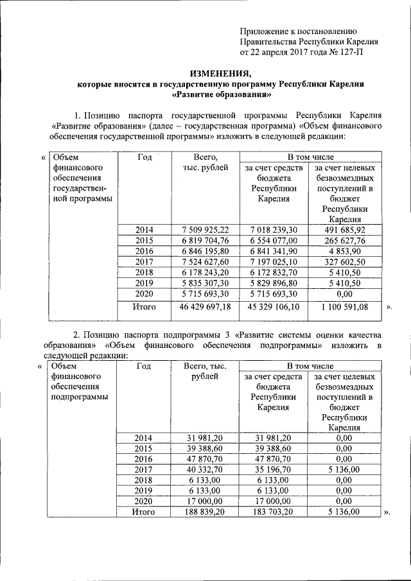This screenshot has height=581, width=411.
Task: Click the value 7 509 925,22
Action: point(205,229)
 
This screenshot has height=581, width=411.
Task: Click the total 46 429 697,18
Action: point(205,308)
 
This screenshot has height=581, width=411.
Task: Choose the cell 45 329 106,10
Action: point(274,308)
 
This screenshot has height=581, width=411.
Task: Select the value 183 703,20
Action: point(274,512)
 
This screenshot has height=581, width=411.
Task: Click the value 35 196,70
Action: point(274,469)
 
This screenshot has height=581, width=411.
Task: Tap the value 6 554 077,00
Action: point(274,240)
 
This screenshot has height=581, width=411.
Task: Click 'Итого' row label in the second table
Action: point(144,512)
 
